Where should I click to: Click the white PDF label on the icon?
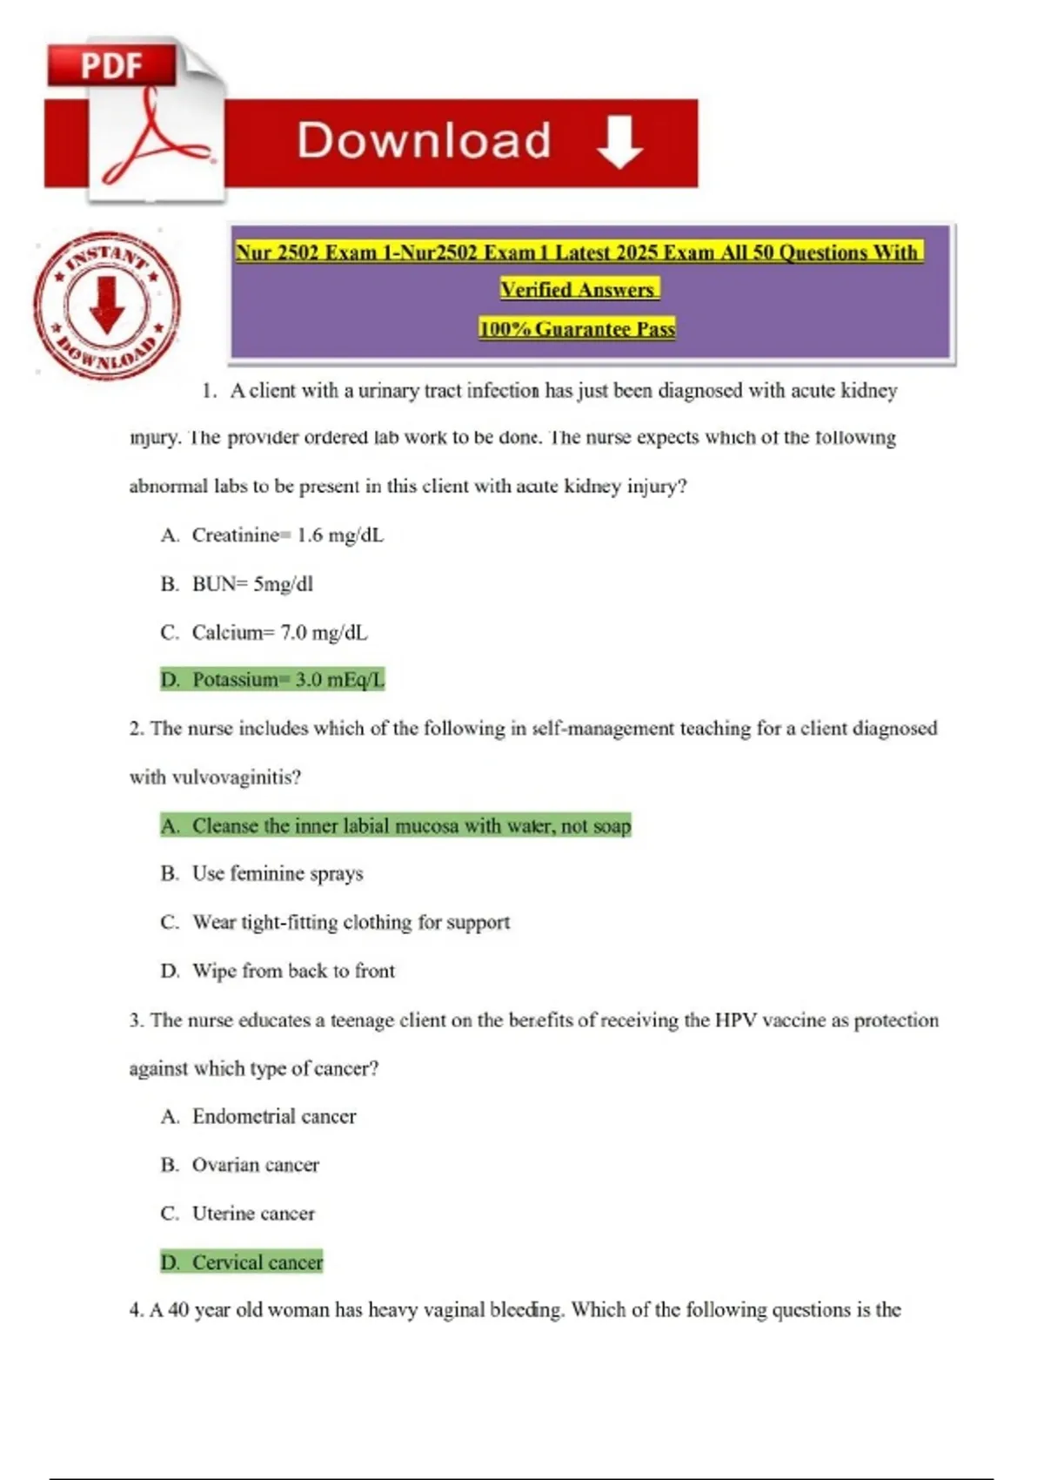(x=111, y=66)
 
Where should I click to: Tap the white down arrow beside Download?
(x=619, y=142)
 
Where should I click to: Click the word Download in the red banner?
(x=424, y=141)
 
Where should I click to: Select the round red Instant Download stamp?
(x=107, y=306)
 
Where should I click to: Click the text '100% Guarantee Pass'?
(x=577, y=329)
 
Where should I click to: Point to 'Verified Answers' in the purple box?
(x=579, y=289)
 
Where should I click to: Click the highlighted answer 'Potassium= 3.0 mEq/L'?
(x=272, y=679)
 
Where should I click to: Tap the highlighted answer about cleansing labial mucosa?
(x=396, y=825)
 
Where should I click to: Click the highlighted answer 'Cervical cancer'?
(x=242, y=1261)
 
